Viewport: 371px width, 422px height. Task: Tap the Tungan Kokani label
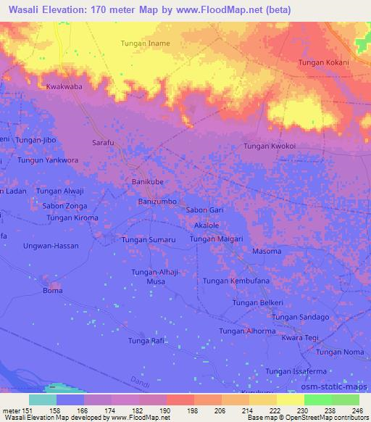coord(324,63)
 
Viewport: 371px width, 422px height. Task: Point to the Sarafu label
coord(104,143)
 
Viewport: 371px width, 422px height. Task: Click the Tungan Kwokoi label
coord(270,146)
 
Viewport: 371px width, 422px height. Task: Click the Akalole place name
coord(207,226)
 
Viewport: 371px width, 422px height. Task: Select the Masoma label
coord(266,251)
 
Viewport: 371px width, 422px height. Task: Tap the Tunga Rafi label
coord(147,341)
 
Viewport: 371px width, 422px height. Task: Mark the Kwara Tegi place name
coord(301,339)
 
